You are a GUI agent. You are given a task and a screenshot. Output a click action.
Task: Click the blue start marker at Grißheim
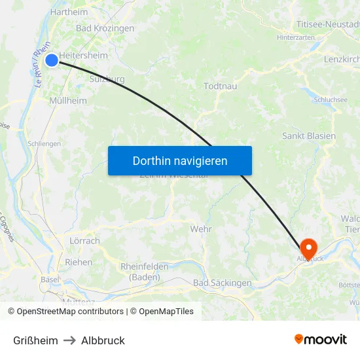pyautogui.click(x=52, y=60)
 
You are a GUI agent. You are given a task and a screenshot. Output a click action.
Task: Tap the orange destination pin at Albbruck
pyautogui.click(x=308, y=248)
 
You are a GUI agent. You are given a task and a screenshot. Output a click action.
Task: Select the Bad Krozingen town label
pyautogui.click(x=105, y=28)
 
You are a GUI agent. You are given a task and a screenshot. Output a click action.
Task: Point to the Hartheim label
pyautogui.click(x=69, y=12)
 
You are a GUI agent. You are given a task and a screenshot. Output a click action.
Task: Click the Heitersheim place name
pyautogui.click(x=83, y=56)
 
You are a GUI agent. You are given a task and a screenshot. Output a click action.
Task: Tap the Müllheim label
pyautogui.click(x=68, y=101)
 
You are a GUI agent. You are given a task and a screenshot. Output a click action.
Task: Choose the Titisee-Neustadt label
pyautogui.click(x=328, y=24)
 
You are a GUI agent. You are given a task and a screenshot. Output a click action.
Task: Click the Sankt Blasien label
pyautogui.click(x=309, y=136)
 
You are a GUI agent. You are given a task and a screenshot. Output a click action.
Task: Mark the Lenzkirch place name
pyautogui.click(x=342, y=59)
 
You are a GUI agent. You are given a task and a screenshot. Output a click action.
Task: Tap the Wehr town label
pyautogui.click(x=200, y=229)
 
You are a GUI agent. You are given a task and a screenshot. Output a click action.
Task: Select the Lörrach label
pyautogui.click(x=84, y=241)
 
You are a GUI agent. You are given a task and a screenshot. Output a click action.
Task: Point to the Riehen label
pyautogui.click(x=79, y=262)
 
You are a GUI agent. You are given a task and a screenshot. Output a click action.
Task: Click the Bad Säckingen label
pyautogui.click(x=223, y=283)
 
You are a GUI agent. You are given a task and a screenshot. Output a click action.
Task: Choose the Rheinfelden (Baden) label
pyautogui.click(x=144, y=272)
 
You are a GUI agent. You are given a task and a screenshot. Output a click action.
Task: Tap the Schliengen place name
pyautogui.click(x=45, y=143)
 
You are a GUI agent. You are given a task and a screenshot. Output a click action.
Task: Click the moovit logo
pyautogui.click(x=321, y=339)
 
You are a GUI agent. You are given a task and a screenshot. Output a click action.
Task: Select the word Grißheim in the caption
pyautogui.click(x=35, y=340)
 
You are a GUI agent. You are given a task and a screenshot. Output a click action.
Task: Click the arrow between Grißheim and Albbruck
pyautogui.click(x=69, y=340)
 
